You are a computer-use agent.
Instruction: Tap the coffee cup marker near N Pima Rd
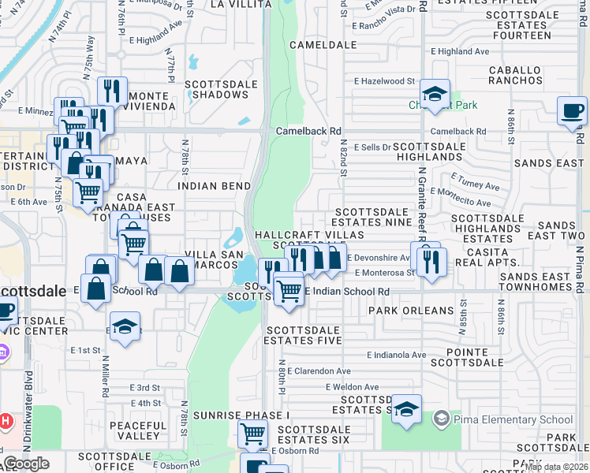[x=572, y=110]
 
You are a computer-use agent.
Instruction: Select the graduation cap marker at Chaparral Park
[x=434, y=94]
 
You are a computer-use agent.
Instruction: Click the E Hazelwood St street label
[x=384, y=81]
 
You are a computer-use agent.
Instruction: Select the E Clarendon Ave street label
[x=319, y=371]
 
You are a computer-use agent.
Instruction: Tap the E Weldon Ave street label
[x=353, y=387]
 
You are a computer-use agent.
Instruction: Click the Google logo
[x=26, y=464]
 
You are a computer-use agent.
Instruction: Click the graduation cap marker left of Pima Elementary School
[x=406, y=409]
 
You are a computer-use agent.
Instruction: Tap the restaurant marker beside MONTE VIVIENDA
[x=113, y=91]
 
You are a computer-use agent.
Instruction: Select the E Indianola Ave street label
[x=394, y=356]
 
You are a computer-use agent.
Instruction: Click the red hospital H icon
[x=6, y=421]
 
